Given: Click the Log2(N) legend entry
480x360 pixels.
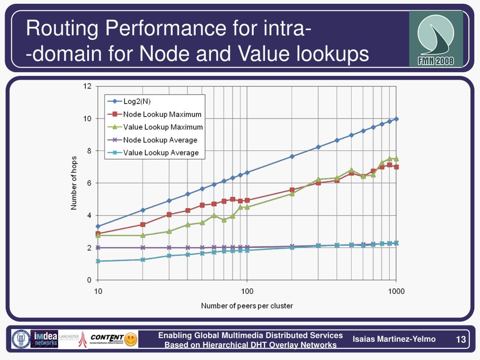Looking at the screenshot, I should pos(136,101).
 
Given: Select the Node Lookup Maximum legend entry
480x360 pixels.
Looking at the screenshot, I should pos(162,114).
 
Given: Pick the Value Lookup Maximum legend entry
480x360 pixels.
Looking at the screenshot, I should pos(163,127).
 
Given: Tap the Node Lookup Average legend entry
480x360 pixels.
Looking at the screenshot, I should pos(160,140).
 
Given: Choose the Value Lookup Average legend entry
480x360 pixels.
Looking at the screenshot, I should pos(161,152).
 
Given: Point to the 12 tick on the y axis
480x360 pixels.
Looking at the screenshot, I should pos(88,86).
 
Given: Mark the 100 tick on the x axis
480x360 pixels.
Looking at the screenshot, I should pos(247,291).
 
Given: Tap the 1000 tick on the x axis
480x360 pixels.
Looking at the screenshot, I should pos(396,291).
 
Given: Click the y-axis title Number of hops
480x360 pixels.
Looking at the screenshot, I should pos(74,183).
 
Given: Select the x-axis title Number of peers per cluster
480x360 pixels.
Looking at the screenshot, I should pos(247,306).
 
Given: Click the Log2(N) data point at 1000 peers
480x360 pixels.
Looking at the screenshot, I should pos(397,119).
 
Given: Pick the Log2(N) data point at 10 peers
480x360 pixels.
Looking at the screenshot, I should pos(98,226).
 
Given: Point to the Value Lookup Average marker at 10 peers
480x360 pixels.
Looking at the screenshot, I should pos(98,261).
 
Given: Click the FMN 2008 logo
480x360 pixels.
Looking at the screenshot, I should pos(436,38).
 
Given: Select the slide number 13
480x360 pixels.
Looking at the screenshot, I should pos(460,339).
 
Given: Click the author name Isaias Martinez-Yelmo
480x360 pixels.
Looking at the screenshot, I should pos(394,339).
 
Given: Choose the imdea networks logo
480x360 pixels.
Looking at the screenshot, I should pos(44,339).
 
